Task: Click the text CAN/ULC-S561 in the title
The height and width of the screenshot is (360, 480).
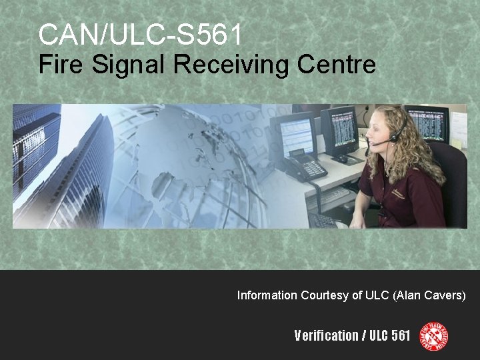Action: [139, 34]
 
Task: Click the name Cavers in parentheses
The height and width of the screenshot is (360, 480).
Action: [445, 295]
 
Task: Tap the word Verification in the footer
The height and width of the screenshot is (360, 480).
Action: [326, 335]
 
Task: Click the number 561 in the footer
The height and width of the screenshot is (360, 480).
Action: [401, 335]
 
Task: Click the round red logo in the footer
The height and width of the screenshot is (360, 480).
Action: [433, 335]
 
